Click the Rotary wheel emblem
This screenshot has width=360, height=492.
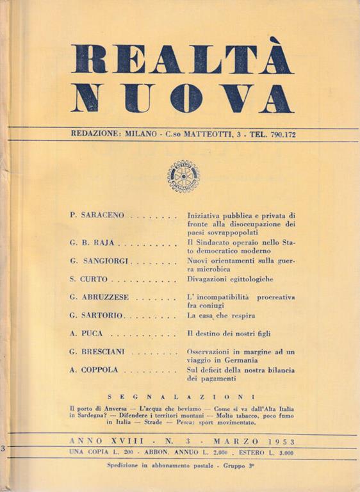183,176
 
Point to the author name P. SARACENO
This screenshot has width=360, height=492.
97,217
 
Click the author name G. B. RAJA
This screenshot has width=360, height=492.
93,245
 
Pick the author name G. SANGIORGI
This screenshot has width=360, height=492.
99,263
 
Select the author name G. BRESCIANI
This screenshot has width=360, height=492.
100,352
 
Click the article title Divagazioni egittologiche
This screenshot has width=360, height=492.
230,280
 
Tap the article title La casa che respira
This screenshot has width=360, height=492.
221,316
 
